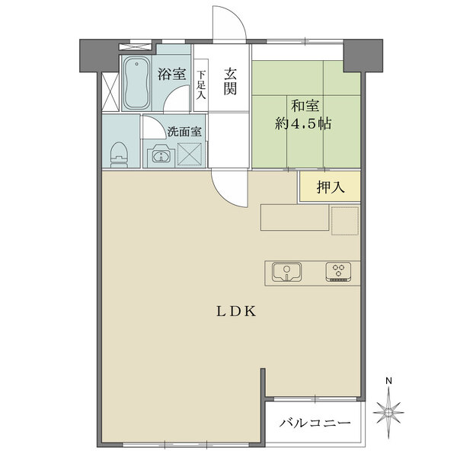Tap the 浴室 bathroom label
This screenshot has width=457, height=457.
(x=172, y=75)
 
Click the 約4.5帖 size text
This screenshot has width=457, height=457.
(x=302, y=123)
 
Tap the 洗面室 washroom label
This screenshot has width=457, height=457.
(x=185, y=131)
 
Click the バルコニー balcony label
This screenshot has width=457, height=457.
(x=315, y=423)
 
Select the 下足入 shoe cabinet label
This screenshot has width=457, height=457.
(x=201, y=85)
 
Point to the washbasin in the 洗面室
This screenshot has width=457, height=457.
(x=161, y=156)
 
